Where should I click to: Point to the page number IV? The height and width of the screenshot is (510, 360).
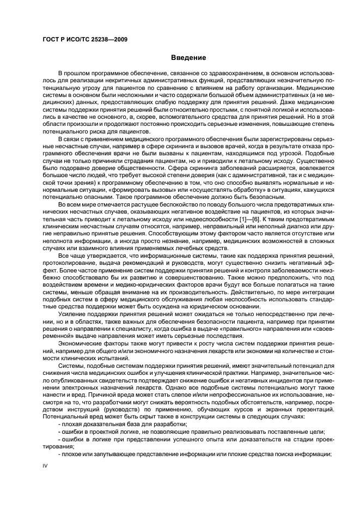tap(46, 465)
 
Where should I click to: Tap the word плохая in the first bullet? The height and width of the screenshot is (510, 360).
tap(71, 422)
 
